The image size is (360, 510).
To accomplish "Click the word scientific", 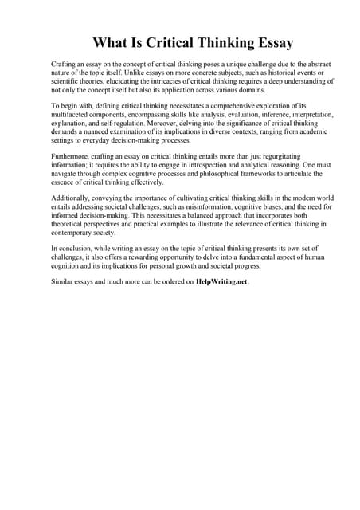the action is [68, 81].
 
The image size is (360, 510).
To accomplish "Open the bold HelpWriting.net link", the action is [221, 282].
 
